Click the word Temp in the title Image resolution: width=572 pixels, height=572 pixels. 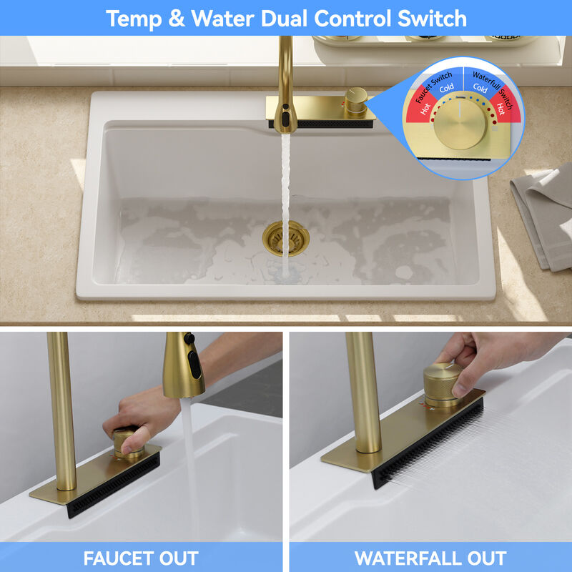[133, 19]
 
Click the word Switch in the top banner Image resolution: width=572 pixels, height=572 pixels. [432, 19]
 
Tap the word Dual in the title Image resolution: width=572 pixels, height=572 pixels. [284, 19]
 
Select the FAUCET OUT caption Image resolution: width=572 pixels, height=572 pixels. [141, 558]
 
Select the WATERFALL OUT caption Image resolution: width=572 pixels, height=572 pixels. [430, 558]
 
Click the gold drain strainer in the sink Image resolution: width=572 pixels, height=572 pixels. [285, 238]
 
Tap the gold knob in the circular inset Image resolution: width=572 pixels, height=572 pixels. [460, 124]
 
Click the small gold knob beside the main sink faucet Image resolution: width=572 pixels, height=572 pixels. [356, 100]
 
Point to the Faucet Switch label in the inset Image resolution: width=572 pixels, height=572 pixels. [433, 87]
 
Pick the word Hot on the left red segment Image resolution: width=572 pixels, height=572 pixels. [425, 109]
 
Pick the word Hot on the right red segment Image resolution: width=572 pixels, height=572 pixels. [500, 109]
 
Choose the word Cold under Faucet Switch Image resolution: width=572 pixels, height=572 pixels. [446, 88]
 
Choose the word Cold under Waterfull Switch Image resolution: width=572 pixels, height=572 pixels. [480, 88]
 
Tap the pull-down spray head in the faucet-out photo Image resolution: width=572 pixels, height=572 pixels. [183, 365]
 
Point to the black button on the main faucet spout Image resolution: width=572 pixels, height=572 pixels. [285, 119]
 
